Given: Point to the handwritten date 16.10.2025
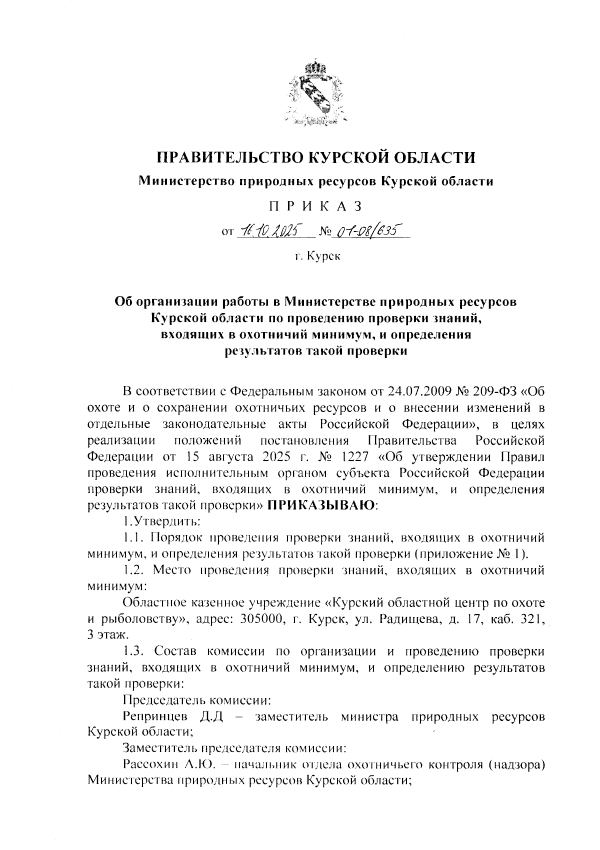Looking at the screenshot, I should click(267, 230).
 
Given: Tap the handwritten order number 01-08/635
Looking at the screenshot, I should click(365, 230).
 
